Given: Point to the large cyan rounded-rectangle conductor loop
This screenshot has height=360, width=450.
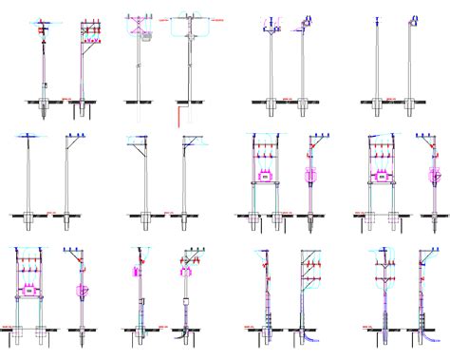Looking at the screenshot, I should pos(191,28).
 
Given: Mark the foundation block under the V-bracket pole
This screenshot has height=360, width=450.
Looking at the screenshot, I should pos(273,107).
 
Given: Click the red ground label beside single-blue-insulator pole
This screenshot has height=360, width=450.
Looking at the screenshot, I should pos(392,98).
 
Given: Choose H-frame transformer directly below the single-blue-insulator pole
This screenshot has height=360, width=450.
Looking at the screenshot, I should pos(380,178).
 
